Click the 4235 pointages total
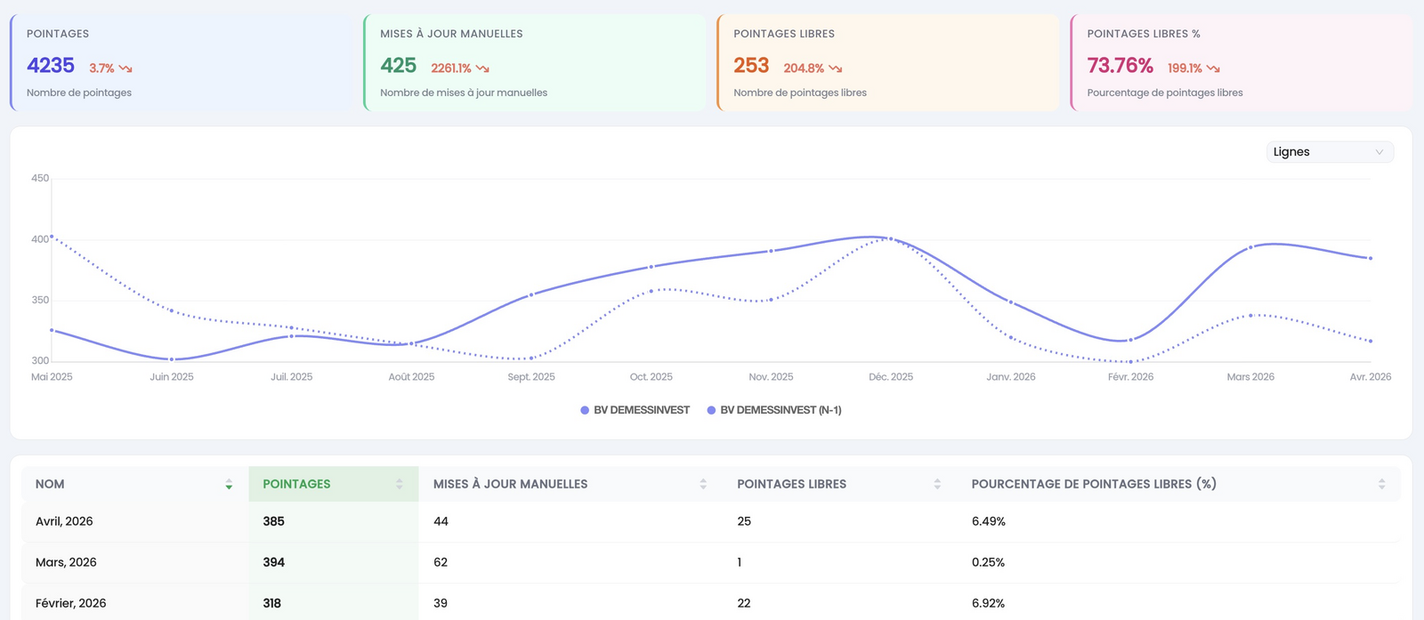coord(50,66)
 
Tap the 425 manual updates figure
coord(398,66)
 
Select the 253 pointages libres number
coord(751,66)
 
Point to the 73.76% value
coord(1120,66)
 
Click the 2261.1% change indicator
coord(450,68)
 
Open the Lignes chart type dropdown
coord(1330,152)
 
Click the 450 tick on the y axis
coord(40,178)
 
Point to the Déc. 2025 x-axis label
coord(891,376)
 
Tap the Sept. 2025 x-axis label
coord(530,376)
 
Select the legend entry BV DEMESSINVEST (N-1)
coord(774,410)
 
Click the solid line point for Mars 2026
coord(1250,248)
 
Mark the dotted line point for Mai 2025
coord(52,237)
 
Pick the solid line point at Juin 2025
coord(172,359)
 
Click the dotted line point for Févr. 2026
coord(1130,361)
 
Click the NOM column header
coord(50,484)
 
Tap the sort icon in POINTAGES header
coord(400,484)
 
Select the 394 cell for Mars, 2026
coord(273,562)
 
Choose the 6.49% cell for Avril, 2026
coord(989,521)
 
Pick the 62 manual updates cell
coord(441,562)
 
